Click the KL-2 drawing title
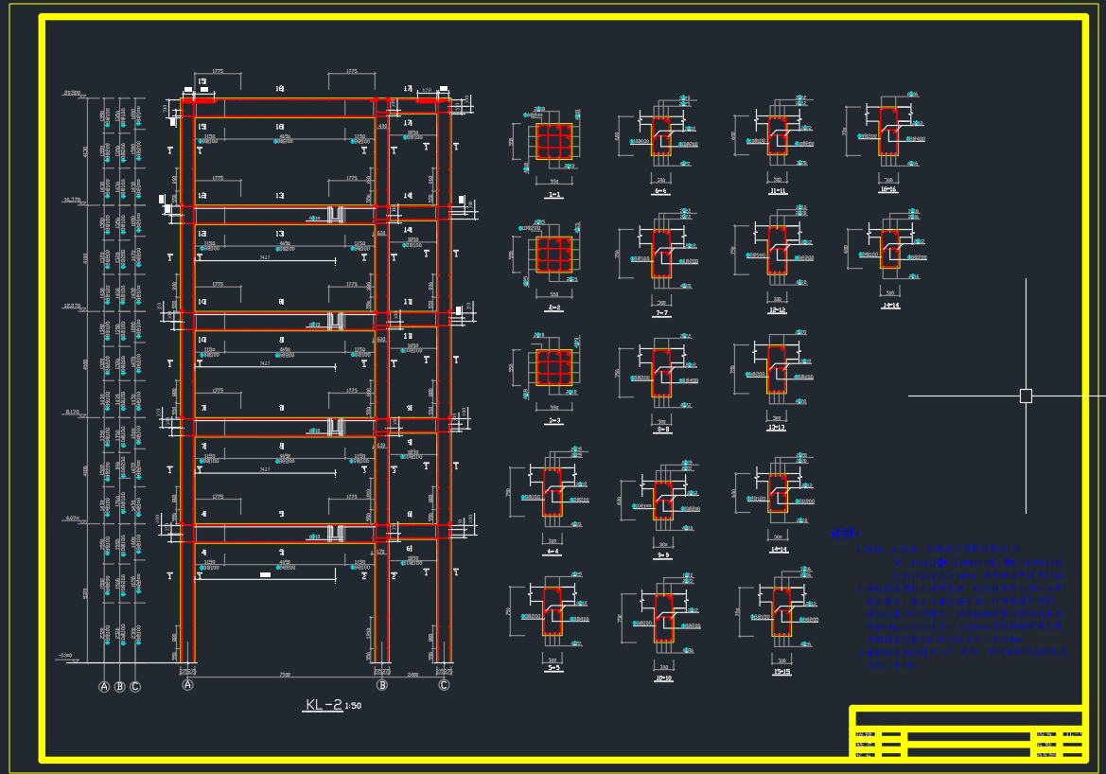[x=324, y=705]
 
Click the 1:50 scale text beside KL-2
[x=353, y=706]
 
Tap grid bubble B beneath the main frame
[x=382, y=685]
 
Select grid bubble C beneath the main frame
[x=444, y=685]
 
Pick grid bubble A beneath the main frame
[x=187, y=685]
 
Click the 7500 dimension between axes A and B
[x=285, y=675]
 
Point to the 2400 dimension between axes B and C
[x=413, y=675]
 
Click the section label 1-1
[x=554, y=195]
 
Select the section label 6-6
[x=660, y=191]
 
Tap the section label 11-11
[x=778, y=191]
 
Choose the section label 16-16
[x=888, y=190]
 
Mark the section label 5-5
[x=553, y=667]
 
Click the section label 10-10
[x=663, y=678]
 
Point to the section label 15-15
[x=781, y=672]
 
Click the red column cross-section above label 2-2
[x=554, y=254]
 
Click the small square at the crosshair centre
[x=1026, y=396]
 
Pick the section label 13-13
[x=777, y=428]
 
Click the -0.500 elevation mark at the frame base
[x=65, y=655]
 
